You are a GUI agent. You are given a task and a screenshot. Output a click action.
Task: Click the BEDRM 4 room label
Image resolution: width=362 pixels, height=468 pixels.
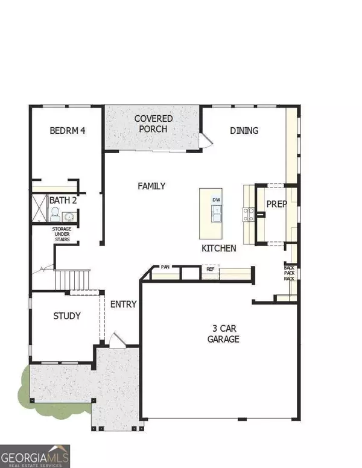click(67, 130)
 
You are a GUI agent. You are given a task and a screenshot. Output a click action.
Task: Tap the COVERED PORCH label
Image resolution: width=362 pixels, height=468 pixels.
click(153, 123)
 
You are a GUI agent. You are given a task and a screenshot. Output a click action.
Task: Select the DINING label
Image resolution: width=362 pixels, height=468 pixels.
click(244, 130)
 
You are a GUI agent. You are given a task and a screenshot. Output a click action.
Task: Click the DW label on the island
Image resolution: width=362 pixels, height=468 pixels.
click(215, 200)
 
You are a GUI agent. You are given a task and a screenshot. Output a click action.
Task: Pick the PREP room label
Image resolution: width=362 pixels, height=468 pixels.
click(276, 204)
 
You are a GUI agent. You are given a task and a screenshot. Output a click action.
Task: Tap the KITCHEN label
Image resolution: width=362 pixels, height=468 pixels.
click(218, 248)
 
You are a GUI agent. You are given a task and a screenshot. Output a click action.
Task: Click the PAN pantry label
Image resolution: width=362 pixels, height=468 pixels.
click(165, 267)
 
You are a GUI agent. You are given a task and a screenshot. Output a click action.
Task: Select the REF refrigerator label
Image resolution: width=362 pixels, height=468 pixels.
click(211, 270)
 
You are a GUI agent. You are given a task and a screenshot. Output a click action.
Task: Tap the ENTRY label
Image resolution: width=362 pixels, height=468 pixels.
click(123, 304)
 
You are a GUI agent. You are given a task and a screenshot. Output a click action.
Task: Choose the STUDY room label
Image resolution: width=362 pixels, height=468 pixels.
click(66, 316)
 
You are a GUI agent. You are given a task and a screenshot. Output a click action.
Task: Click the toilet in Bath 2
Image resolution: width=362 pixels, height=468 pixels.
click(54, 214)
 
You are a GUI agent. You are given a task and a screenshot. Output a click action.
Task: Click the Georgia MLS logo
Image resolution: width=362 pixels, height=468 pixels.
click(35, 454)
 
